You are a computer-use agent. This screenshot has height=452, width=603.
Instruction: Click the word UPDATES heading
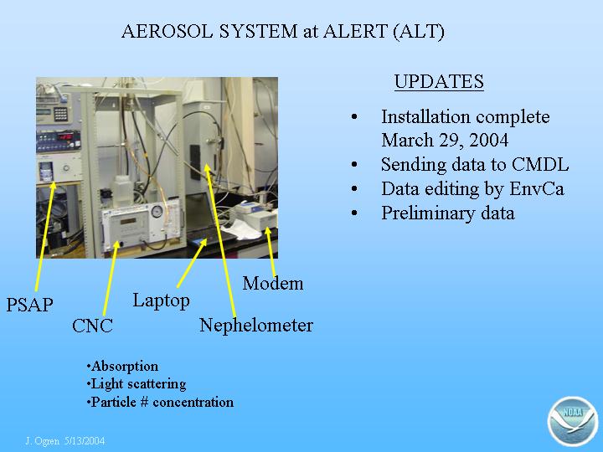439,81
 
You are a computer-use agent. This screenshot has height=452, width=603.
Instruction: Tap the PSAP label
29,305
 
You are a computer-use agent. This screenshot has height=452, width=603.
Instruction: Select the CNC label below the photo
92,326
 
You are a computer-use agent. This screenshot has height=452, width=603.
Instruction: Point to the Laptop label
161,300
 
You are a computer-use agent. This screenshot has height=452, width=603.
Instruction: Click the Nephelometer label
256,325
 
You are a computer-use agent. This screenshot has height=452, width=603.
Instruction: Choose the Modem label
273,283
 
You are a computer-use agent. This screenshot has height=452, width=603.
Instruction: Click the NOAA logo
573,421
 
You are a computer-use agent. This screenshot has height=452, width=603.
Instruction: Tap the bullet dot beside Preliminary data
354,213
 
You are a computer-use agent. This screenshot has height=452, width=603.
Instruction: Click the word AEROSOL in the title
167,31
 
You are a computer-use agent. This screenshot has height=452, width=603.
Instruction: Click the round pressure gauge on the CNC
157,212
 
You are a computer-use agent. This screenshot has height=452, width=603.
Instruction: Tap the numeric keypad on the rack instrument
61,114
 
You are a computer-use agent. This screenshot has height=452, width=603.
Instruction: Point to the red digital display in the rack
65,136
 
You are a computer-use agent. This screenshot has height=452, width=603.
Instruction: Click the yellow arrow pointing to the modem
270,252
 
